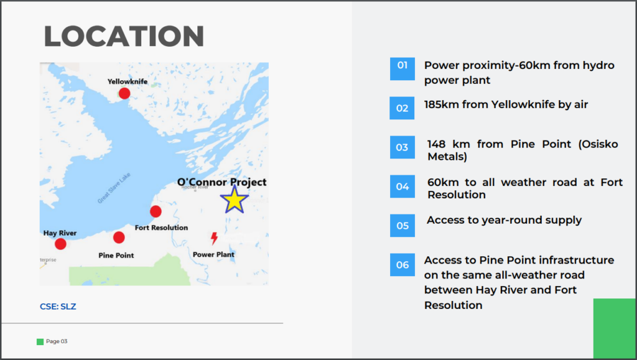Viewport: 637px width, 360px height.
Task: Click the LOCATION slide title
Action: pos(124,36)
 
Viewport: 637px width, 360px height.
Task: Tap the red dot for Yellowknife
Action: pos(124,93)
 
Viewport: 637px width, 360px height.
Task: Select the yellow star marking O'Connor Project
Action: pos(235,200)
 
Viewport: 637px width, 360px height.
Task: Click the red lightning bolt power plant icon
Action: pos(214,238)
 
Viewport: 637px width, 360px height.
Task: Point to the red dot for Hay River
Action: pos(60,244)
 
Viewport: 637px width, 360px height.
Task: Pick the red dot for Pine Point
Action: pos(119,238)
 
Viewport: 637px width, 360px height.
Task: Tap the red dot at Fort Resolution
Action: pos(156,211)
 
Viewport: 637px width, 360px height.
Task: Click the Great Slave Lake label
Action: pos(114,188)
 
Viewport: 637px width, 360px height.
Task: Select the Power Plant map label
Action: pos(214,254)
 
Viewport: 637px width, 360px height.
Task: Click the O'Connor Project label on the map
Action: pos(222,182)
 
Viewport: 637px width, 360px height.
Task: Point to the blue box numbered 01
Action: pos(402,68)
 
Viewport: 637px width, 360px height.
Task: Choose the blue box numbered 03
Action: pos(402,147)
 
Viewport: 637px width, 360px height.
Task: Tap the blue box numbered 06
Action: pos(402,265)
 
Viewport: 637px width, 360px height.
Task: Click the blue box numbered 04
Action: pos(402,187)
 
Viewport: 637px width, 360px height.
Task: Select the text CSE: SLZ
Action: pos(58,307)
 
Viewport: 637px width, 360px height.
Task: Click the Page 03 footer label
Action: pos(57,341)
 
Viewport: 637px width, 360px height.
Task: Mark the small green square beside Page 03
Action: pos(40,342)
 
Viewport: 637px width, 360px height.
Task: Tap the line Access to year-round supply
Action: pos(504,220)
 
